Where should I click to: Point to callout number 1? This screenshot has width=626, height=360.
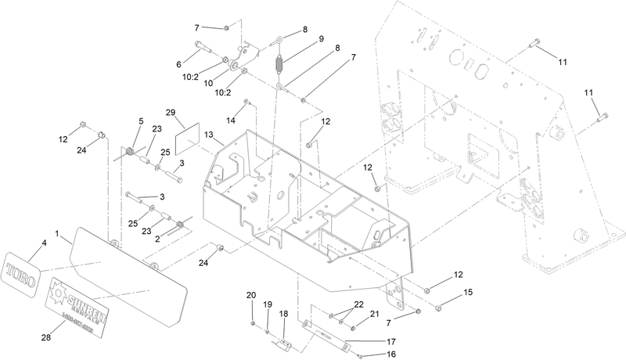[x=57, y=233]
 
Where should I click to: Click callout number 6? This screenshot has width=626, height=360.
[x=178, y=64]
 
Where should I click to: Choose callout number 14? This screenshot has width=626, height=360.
[x=231, y=120]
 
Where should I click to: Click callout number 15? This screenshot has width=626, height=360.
[x=469, y=293]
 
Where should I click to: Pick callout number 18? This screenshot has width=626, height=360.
[x=284, y=313]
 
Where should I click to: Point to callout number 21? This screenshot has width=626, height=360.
[x=374, y=314]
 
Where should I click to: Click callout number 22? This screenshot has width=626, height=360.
[x=359, y=304]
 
